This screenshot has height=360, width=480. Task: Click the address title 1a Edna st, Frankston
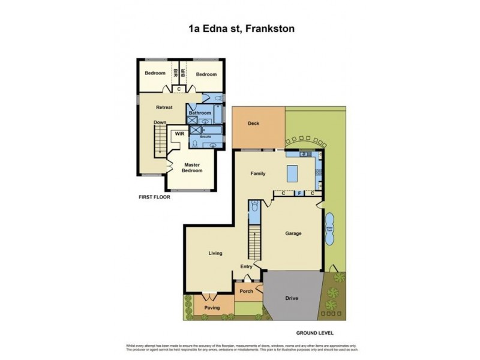pos(239,28)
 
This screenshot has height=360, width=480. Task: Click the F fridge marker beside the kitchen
pos(298,193)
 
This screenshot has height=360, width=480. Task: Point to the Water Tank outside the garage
pos(329,229)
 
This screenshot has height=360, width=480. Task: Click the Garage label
pos(293,233)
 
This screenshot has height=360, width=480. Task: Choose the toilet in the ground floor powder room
pos(254,208)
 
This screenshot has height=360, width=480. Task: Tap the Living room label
pos(215,253)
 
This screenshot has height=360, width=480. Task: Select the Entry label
pos(247,266)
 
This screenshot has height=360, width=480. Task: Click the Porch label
pos(247,292)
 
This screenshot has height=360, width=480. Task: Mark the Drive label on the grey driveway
pos(292,298)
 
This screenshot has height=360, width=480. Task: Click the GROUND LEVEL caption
pos(314,333)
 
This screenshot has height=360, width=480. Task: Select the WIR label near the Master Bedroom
pos(178,134)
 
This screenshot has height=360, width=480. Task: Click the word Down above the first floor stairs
pos(159,122)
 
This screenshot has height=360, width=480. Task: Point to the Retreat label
pos(164,107)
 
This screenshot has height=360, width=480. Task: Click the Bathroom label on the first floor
pos(200,113)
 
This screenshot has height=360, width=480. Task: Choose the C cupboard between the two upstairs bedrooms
pos(178,89)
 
